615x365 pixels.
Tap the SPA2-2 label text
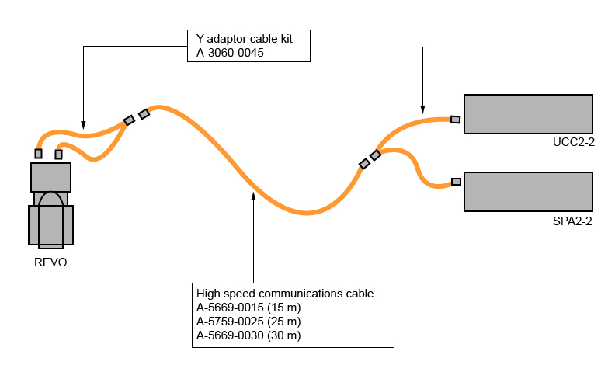[x=575, y=221]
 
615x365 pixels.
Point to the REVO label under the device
[x=50, y=262]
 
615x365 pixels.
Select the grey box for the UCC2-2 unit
[x=528, y=113]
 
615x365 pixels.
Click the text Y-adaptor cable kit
[x=244, y=38]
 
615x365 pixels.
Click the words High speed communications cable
[x=285, y=294]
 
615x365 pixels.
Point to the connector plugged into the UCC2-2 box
[x=456, y=120]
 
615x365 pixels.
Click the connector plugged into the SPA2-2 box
[x=456, y=182]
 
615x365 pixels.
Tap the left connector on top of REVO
[x=39, y=153]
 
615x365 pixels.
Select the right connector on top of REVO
[x=58, y=154]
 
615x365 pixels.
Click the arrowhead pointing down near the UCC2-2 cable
[x=422, y=107]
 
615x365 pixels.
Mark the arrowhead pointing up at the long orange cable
[x=254, y=195]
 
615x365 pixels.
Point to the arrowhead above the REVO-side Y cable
[x=83, y=122]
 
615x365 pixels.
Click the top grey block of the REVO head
[x=50, y=177]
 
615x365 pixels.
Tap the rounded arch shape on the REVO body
[x=51, y=214]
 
